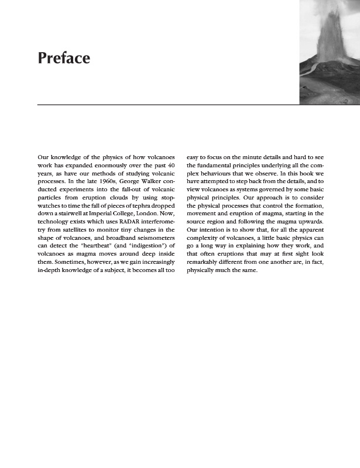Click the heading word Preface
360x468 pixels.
(x=63, y=58)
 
